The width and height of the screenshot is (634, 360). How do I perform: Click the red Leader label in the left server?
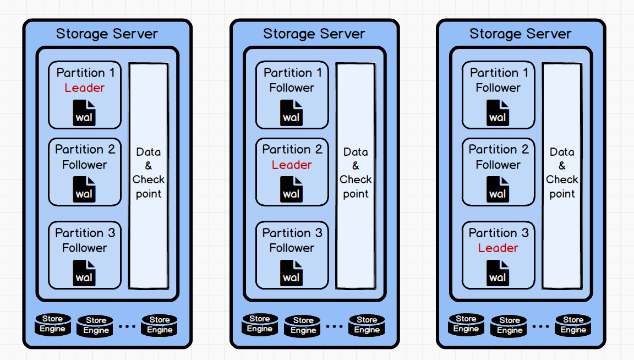[84, 88]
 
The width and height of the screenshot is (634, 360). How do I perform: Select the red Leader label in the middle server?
[292, 165]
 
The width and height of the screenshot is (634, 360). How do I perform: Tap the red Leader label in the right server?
[498, 248]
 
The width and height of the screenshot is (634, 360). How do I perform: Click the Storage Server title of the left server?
[107, 34]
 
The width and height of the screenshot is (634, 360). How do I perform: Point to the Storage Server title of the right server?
[520, 34]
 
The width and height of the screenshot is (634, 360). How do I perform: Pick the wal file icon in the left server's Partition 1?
[84, 113]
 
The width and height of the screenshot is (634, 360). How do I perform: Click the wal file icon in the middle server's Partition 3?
[292, 272]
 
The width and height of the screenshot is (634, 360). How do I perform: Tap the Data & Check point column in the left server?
[149, 175]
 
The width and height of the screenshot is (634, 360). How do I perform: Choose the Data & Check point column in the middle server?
[356, 175]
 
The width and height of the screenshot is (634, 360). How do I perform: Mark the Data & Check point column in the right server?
[562, 175]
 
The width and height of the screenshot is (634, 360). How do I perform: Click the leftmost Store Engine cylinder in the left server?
[53, 324]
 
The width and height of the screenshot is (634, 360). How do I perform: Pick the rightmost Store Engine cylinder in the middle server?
[367, 325]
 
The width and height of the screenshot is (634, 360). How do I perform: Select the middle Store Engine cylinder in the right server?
[510, 325]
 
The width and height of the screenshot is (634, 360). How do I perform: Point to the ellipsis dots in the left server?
[127, 326]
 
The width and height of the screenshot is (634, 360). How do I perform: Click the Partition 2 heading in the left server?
[85, 150]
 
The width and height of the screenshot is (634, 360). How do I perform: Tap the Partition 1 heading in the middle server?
[292, 73]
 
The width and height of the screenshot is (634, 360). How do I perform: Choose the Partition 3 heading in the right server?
[498, 233]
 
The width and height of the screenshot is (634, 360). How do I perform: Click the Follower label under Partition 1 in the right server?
[498, 88]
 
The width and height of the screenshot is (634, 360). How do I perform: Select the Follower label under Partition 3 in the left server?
[84, 248]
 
